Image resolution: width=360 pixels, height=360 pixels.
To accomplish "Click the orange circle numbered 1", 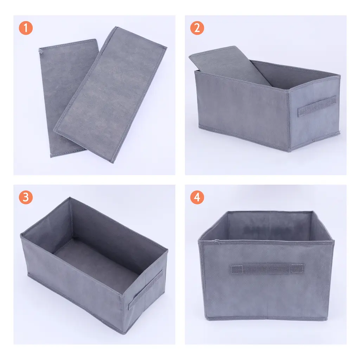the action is tap(26, 28).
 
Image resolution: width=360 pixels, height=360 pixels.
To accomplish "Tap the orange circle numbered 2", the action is tap(197, 28).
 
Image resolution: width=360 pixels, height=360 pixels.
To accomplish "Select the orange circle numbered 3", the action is tap(26, 197).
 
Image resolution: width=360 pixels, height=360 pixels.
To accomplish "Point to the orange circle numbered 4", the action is tap(197, 197).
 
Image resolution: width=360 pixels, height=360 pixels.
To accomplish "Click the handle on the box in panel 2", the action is tap(317, 106).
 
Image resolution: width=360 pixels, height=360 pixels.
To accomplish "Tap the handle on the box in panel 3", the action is tap(145, 290).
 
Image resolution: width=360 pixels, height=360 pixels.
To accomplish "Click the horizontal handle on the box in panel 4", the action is tap(267, 269).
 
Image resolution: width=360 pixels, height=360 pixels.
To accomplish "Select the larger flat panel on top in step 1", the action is tap(110, 94).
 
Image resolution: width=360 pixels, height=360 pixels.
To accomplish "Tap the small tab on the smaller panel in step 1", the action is tap(41, 51).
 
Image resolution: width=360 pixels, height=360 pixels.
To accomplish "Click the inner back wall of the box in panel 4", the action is tap(270, 226).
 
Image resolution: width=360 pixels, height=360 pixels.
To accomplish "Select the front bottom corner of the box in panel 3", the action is tap(124, 333).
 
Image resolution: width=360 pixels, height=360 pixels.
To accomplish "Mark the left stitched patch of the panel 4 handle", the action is tap(237, 269).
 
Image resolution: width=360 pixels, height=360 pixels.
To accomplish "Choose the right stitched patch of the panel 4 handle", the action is tap(298, 268).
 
